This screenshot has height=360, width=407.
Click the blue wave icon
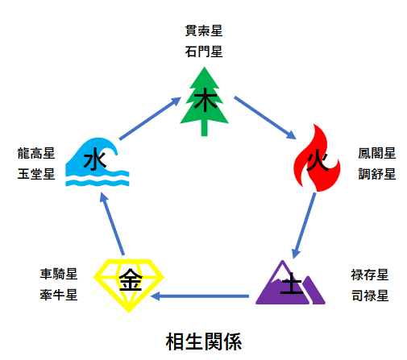(97, 165)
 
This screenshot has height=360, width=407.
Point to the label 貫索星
(203, 33)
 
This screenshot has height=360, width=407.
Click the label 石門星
(203, 53)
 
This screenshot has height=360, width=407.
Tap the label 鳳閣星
(376, 152)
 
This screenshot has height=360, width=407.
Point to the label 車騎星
(58, 274)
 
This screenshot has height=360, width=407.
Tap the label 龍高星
(35, 152)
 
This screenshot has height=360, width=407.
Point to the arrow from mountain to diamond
(201, 296)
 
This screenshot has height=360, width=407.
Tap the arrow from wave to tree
(148, 118)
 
